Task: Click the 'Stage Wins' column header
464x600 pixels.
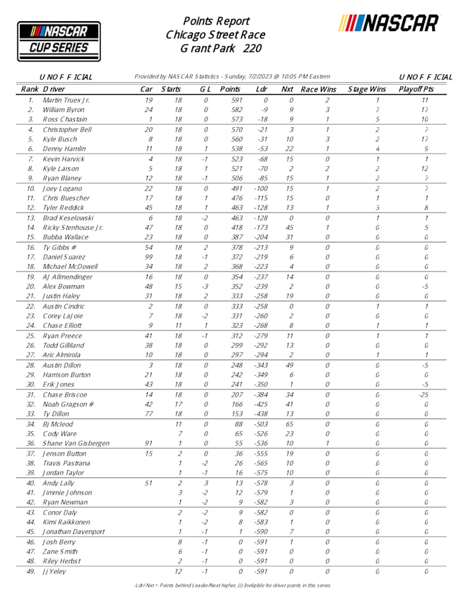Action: (367, 89)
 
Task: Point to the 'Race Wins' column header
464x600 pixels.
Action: (319, 89)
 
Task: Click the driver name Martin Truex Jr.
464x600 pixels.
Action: (66, 99)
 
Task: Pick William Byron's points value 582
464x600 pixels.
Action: (230, 109)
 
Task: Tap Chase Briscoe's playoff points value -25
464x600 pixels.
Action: (425, 394)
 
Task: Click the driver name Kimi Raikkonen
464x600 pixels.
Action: (66, 521)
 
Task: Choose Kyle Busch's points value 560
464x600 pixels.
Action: (230, 139)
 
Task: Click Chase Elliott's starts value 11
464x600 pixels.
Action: (178, 325)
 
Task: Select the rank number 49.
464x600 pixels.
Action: (30, 571)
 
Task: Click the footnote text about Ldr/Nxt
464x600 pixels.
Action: (231, 585)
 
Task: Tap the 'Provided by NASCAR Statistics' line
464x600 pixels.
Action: (232, 76)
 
